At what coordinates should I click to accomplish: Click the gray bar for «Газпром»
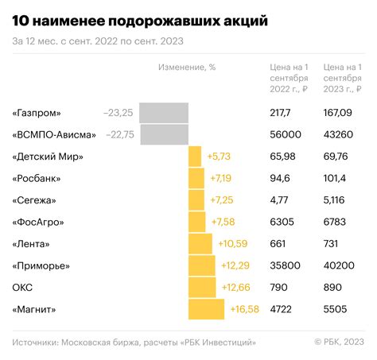(x=164, y=113)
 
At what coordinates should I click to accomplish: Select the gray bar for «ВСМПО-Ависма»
(x=164, y=135)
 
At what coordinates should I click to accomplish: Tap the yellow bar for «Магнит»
(x=207, y=308)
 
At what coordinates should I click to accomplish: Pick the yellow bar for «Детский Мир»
(x=195, y=157)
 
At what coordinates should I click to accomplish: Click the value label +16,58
(x=244, y=308)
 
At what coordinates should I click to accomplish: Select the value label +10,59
(x=231, y=243)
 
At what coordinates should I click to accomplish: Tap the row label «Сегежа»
(x=37, y=200)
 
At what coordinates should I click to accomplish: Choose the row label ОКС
(x=23, y=287)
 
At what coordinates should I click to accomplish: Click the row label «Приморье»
(x=42, y=265)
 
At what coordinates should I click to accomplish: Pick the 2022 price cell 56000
(x=286, y=135)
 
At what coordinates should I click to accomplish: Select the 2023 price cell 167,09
(x=339, y=114)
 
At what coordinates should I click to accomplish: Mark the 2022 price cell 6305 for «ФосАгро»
(x=282, y=222)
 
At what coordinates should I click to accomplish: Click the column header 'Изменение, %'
(x=188, y=68)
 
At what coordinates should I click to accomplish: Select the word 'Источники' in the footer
(x=39, y=342)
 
